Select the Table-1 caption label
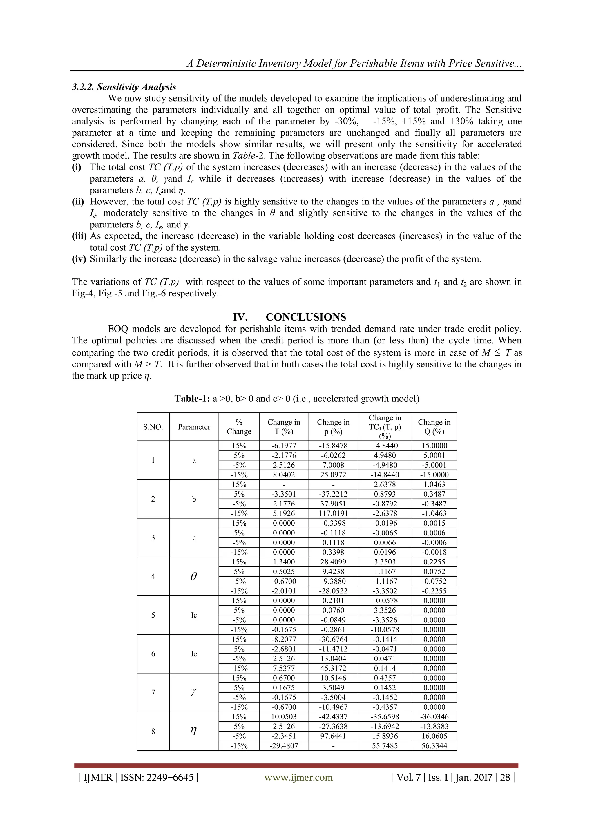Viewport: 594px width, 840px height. tap(192, 399)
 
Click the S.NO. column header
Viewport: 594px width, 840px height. tap(153, 427)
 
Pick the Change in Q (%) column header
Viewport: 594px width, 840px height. tap(434, 427)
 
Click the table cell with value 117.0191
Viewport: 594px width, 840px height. tap(333, 513)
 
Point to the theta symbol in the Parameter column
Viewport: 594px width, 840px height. tap(194, 576)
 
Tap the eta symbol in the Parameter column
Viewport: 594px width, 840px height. tap(194, 731)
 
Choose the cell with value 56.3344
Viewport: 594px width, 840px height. tap(434, 746)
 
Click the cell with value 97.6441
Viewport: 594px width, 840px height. tap(333, 736)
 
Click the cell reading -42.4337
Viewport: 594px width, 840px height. tap(333, 717)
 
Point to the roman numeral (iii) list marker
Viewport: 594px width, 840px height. tap(79, 236)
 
